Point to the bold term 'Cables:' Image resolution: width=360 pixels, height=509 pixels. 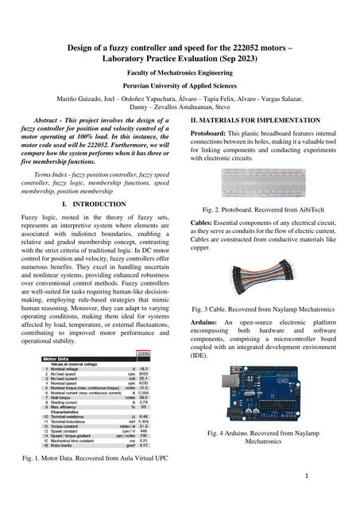pos(203,223)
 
